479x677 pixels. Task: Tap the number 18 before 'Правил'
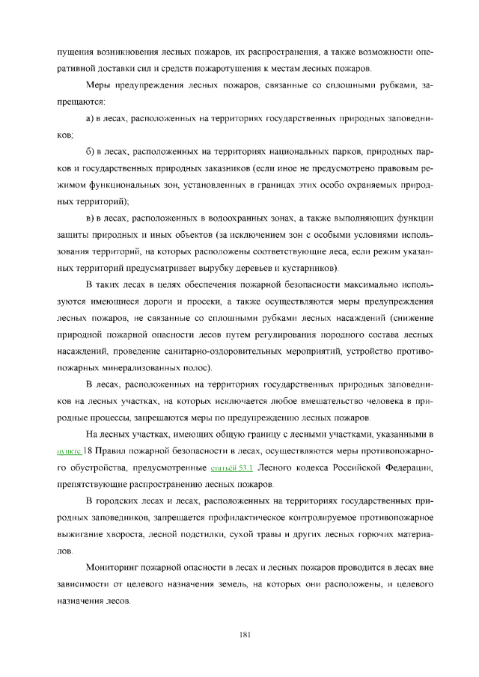88,451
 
